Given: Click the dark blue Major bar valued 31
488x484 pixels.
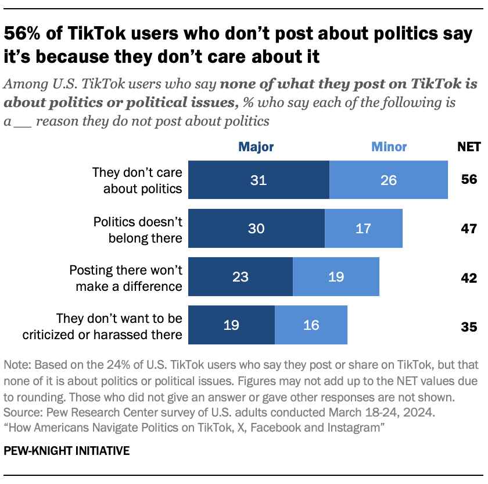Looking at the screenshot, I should (259, 180).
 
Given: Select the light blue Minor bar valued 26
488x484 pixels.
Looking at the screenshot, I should (388, 180).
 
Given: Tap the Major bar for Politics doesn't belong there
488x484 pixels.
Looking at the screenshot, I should (256, 229).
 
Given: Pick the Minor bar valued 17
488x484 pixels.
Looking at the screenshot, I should (363, 229).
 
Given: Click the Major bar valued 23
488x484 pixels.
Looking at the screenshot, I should (241, 276).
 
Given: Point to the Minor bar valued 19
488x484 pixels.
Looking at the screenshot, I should (336, 276).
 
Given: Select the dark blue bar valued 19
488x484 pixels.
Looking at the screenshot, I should (231, 325).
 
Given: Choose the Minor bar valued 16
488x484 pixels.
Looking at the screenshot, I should (311, 325).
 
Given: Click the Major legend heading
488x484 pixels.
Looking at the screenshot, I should (256, 147).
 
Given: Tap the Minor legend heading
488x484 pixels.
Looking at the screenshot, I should (389, 147).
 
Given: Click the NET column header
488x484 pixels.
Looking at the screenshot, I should (469, 147).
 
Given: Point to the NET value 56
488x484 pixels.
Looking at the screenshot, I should (469, 180).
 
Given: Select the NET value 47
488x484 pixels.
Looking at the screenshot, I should (469, 228).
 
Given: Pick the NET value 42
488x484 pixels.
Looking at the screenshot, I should (469, 276).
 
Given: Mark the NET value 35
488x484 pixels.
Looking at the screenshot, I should (469, 326).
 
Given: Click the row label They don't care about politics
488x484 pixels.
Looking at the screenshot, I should (137, 180).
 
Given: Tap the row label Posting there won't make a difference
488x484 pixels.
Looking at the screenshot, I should (125, 277).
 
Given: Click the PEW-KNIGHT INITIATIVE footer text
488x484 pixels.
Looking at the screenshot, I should (66, 451).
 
